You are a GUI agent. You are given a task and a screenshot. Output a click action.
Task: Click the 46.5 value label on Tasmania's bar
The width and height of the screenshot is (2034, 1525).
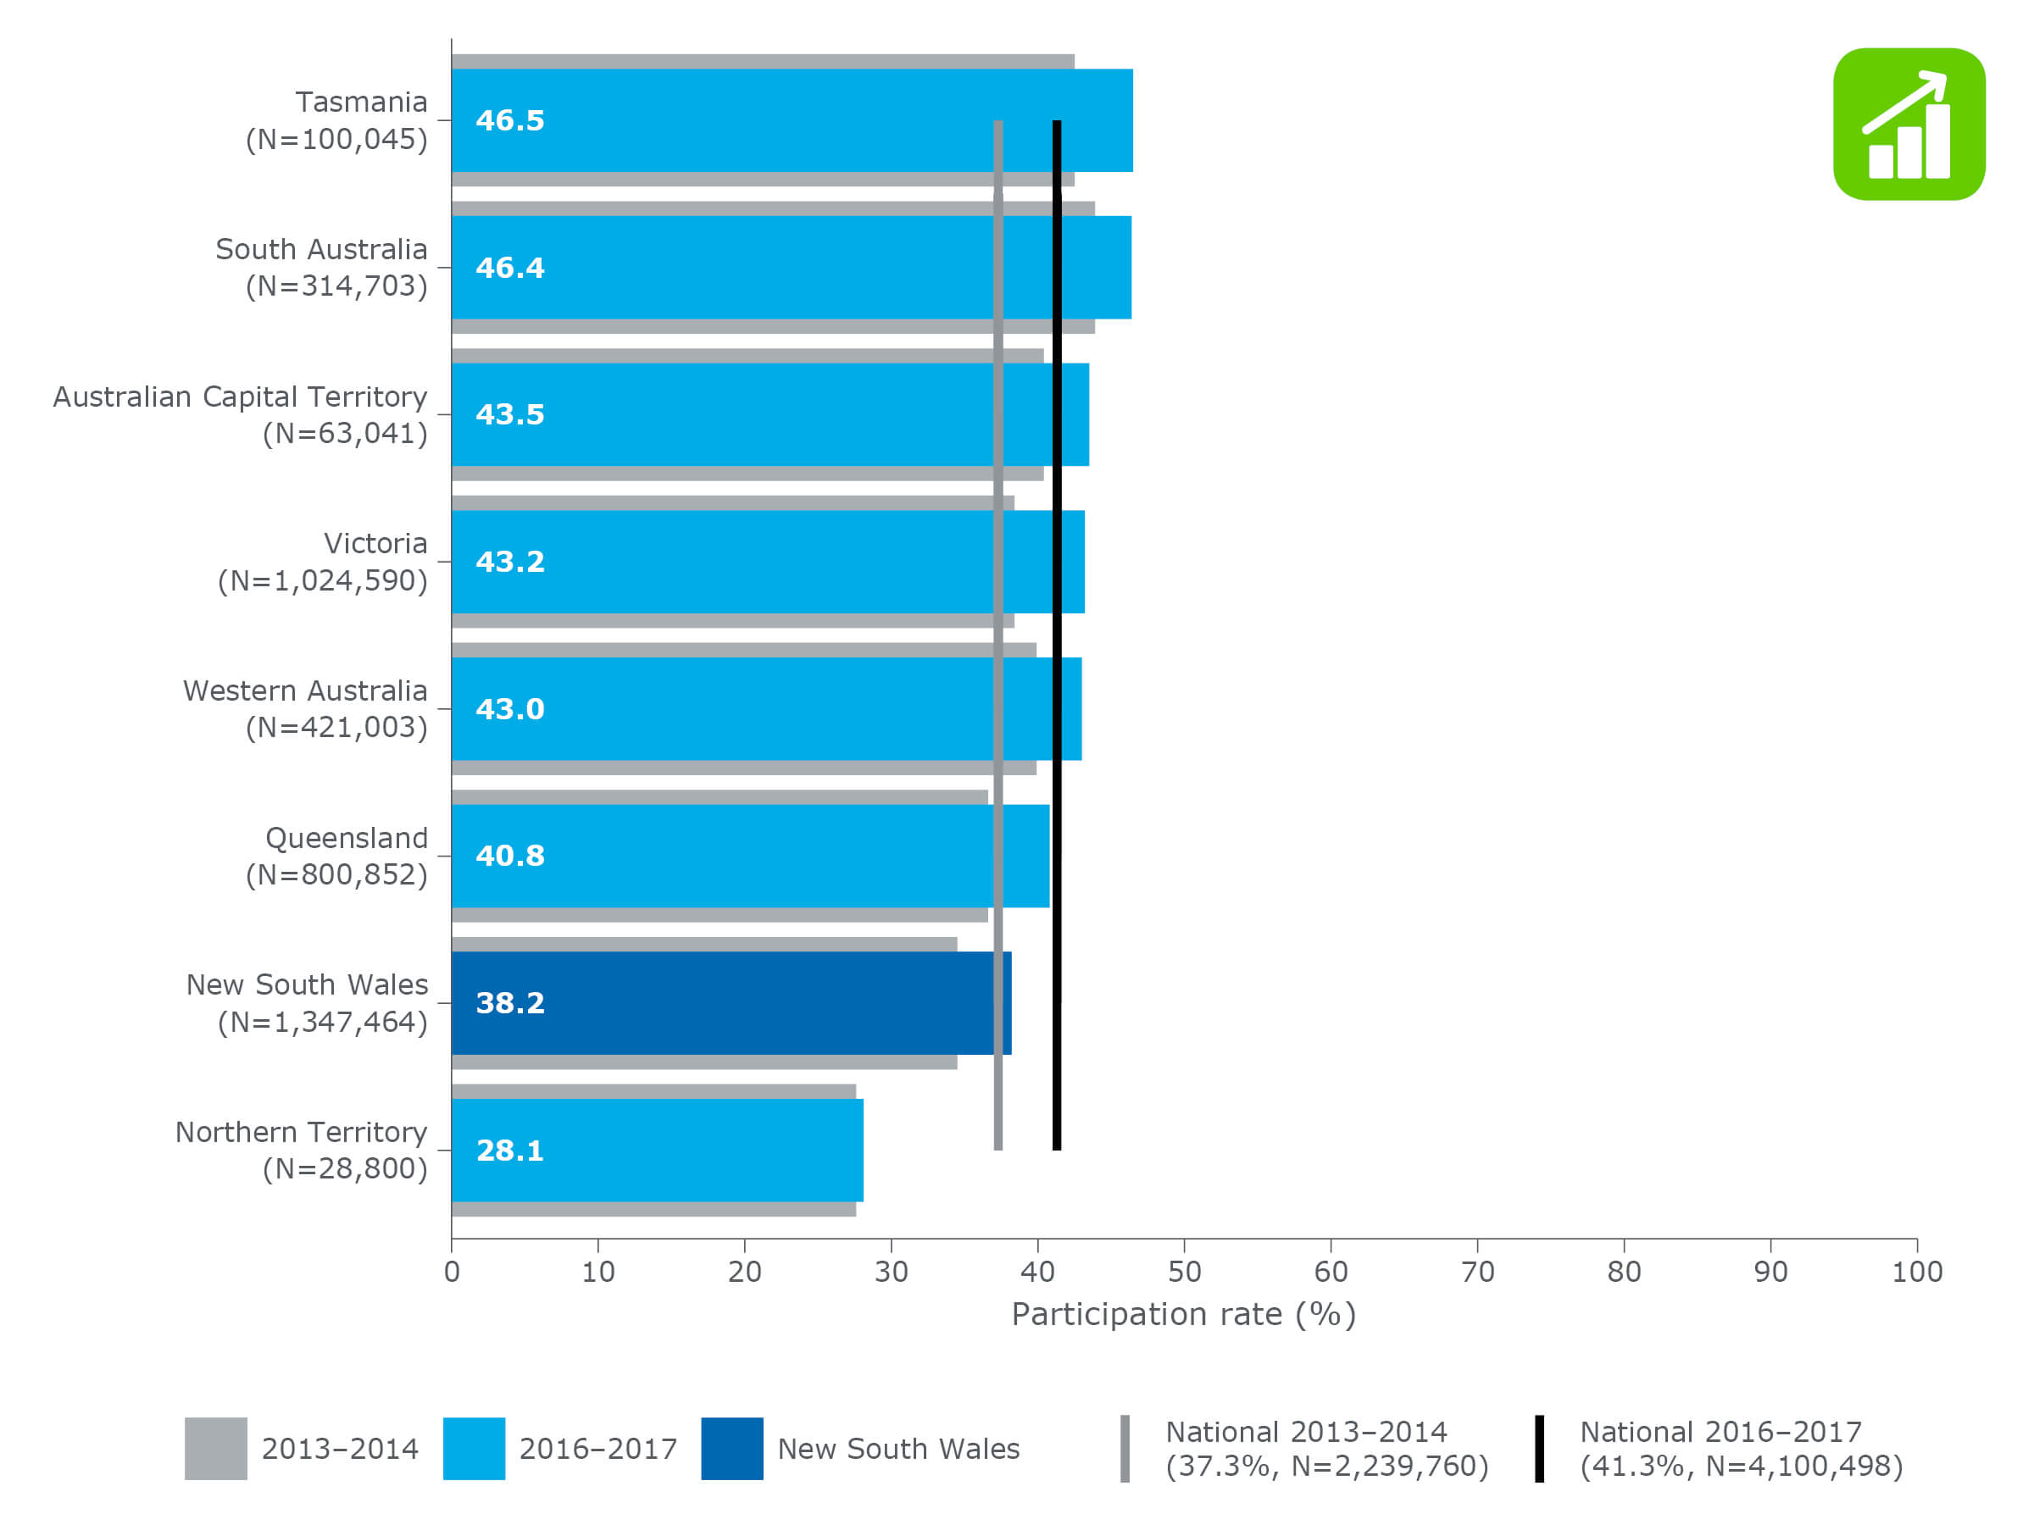[509, 120]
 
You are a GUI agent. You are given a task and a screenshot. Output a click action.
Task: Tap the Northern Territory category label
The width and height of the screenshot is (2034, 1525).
[301, 1150]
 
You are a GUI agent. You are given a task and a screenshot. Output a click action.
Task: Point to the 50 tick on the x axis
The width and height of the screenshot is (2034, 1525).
[1183, 1273]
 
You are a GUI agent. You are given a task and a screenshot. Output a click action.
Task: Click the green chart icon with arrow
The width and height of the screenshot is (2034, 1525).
[1909, 124]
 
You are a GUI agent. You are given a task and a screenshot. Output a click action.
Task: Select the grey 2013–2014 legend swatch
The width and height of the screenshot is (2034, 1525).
[215, 1449]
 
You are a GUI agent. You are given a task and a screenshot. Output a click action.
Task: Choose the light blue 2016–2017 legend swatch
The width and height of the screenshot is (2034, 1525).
[474, 1449]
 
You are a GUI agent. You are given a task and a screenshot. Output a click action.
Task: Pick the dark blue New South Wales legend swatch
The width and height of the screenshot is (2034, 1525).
[732, 1449]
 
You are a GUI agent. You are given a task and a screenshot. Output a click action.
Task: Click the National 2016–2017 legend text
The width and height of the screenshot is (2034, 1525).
[1741, 1449]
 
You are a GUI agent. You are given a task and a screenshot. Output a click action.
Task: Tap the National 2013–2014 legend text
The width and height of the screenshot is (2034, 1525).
[1326, 1449]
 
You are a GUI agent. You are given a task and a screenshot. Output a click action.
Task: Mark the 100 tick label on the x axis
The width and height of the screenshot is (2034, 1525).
[1916, 1273]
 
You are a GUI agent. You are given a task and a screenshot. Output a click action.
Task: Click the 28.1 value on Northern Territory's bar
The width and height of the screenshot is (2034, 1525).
[509, 1150]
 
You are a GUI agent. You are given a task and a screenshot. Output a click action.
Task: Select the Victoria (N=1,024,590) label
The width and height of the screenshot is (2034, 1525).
[322, 562]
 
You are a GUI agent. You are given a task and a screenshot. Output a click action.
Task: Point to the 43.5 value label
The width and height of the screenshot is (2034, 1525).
[509, 414]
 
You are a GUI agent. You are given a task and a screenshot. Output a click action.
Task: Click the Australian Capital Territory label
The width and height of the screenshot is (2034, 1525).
[240, 414]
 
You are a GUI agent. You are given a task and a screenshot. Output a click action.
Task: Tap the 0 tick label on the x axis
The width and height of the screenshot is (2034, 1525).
[452, 1273]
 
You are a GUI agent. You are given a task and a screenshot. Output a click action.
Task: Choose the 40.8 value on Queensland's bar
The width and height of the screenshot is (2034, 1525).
[509, 856]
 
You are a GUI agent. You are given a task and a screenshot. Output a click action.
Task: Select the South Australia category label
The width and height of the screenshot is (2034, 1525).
[321, 268]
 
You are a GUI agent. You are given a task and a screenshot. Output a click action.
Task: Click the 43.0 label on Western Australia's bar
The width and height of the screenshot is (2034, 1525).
[509, 709]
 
